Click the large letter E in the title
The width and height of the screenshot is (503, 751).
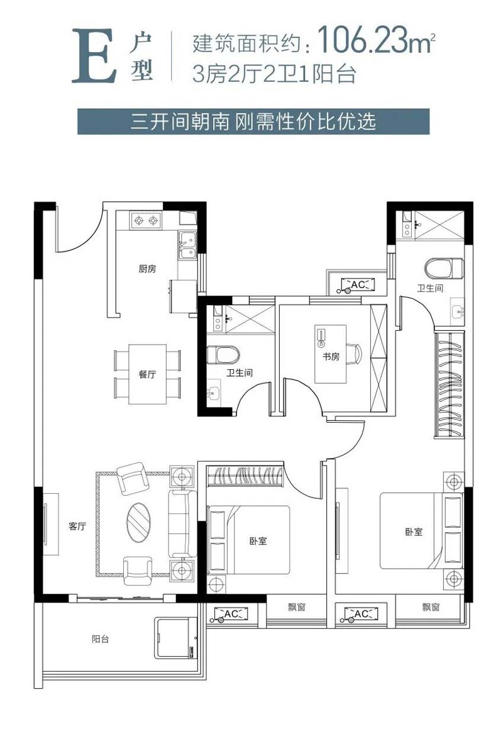[x=94, y=55]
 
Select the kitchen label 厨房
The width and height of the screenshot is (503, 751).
[x=147, y=269]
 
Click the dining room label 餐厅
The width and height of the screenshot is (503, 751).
[x=147, y=374]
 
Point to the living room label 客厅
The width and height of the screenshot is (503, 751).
[x=77, y=526]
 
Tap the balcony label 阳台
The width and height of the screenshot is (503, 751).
[x=101, y=639]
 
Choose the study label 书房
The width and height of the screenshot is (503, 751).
[x=331, y=357]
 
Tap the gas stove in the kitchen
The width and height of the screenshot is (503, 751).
[x=146, y=220]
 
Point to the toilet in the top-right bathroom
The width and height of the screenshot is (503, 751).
[x=445, y=268]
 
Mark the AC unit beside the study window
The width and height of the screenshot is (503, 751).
[x=358, y=286]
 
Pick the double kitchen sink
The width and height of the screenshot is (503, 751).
[x=187, y=245]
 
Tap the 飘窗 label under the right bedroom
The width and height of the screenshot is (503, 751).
[x=431, y=607]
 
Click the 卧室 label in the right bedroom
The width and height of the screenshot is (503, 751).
[x=414, y=531]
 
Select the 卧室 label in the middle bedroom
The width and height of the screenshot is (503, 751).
[x=258, y=541]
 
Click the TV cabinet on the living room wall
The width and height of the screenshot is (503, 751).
[x=51, y=523]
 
